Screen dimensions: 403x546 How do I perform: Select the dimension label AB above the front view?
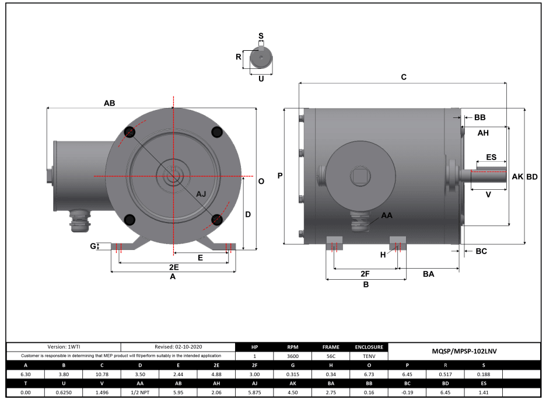click(x=109, y=103)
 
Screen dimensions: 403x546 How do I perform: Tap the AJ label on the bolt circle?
click(x=201, y=193)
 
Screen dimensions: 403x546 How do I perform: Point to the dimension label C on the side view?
click(x=403, y=77)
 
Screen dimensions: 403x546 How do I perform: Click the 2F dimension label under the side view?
click(x=365, y=273)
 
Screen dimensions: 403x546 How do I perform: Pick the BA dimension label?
click(x=428, y=273)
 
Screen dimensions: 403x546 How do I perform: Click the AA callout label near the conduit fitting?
click(x=386, y=216)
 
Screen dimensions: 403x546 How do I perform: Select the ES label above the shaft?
click(x=491, y=157)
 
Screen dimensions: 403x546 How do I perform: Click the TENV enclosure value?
click(x=368, y=356)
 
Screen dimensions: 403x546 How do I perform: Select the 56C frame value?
click(x=330, y=356)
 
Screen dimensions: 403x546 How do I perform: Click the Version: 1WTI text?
click(x=64, y=347)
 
